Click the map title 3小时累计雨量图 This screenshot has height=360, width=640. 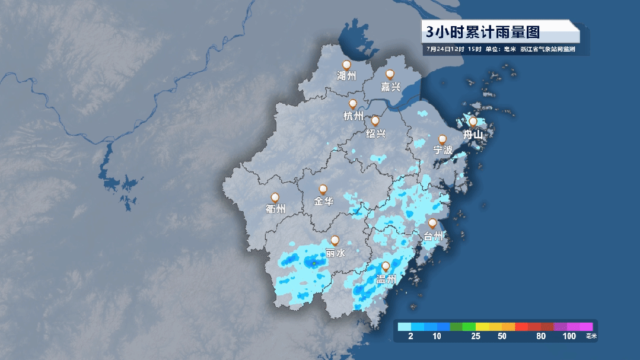point(482,31)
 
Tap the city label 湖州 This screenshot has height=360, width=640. point(346,77)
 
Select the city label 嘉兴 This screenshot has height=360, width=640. point(390,87)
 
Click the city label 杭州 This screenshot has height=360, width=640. point(354,116)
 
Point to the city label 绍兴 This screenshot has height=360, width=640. point(375,133)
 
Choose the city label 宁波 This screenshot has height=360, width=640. point(442,150)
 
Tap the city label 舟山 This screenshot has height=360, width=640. point(473,135)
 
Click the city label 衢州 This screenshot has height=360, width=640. point(276,209)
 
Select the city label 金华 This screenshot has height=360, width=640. point(323,202)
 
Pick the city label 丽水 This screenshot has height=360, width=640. point(335,253)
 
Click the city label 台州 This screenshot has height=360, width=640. point(433,237)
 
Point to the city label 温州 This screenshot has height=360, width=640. point(386,279)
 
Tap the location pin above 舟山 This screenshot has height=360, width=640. point(473,122)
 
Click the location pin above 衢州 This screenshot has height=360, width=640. point(275,197)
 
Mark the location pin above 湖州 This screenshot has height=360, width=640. point(346,65)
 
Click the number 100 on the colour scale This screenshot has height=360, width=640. point(569,336)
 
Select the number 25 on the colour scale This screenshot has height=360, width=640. point(476,336)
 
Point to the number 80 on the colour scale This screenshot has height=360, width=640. point(540,336)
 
